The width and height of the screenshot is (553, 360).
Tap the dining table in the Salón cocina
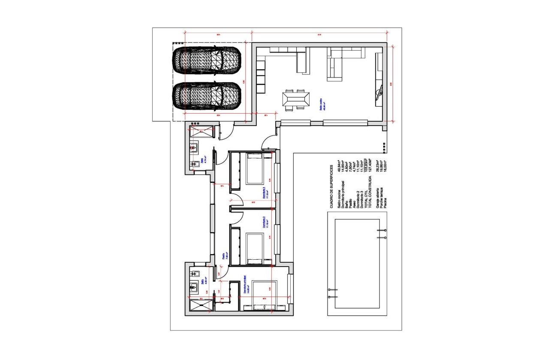(x=296, y=99)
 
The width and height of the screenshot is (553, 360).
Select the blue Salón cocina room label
(x=322, y=105)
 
